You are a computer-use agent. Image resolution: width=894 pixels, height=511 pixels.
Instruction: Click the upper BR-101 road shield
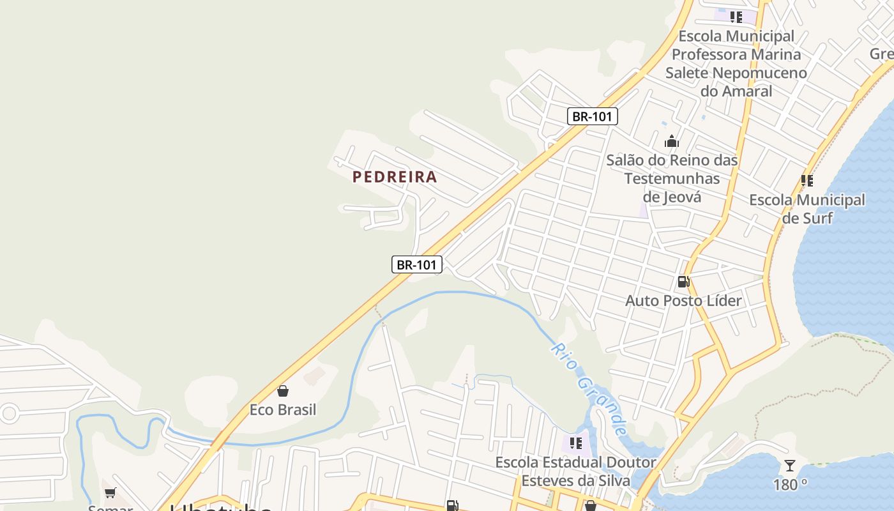592,116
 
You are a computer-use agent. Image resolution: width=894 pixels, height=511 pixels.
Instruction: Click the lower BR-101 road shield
416,264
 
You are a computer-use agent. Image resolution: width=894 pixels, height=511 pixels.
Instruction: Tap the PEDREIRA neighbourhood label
395,177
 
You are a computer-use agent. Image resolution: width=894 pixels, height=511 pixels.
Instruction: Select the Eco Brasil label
283,409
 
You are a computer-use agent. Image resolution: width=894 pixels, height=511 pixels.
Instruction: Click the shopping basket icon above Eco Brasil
283,391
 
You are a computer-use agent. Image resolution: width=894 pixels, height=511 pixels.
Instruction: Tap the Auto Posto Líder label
683,300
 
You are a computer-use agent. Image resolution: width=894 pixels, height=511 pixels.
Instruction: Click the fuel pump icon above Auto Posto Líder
683,282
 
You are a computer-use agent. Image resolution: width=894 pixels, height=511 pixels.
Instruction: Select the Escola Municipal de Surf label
807,209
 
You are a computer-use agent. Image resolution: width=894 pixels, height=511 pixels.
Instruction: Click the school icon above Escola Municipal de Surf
807,181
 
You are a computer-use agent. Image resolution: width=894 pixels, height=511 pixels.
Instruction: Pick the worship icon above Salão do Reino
672,141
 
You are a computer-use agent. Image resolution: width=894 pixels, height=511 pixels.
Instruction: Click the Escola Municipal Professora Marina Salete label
736,63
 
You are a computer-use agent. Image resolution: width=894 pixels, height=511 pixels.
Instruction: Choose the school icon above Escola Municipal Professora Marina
736,17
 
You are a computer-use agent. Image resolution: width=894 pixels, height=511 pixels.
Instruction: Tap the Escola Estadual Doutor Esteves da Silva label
575,471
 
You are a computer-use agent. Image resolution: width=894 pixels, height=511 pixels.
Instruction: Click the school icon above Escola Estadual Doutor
575,443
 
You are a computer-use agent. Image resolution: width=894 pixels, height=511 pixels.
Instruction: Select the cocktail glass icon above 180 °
790,466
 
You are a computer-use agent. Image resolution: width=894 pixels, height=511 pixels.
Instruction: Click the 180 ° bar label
790,485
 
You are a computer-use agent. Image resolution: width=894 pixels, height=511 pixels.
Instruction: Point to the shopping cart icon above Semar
110,492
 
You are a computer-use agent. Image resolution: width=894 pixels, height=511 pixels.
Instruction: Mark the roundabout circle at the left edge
8,413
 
